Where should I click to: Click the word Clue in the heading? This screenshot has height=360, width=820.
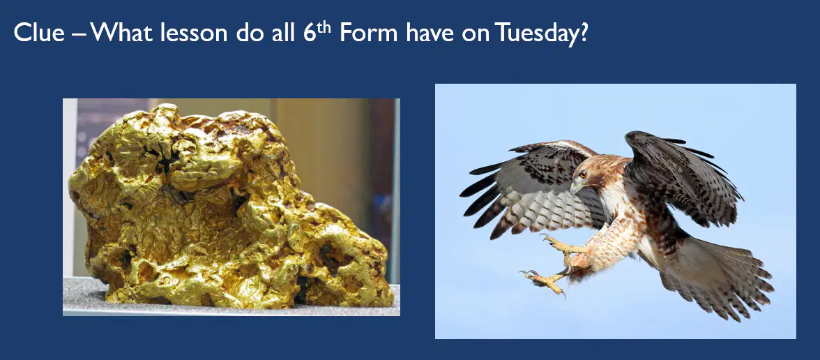tap(39, 33)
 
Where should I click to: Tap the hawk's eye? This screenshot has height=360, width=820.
tap(583, 174)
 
